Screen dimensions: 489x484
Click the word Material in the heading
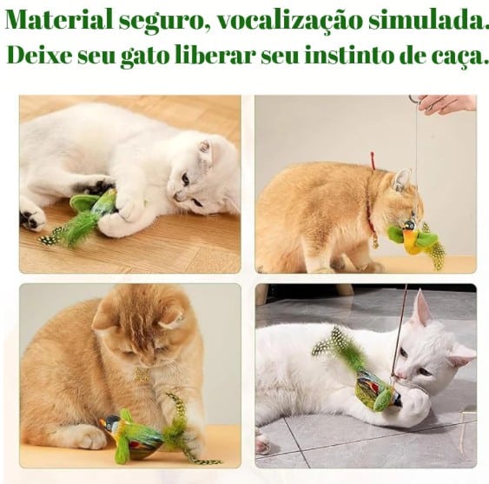coord(59,20)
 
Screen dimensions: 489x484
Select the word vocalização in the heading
coord(289,21)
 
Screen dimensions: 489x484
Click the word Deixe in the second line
coord(39,55)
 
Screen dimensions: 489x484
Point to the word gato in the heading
coord(144,56)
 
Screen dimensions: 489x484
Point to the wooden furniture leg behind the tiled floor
coord(345,290)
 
